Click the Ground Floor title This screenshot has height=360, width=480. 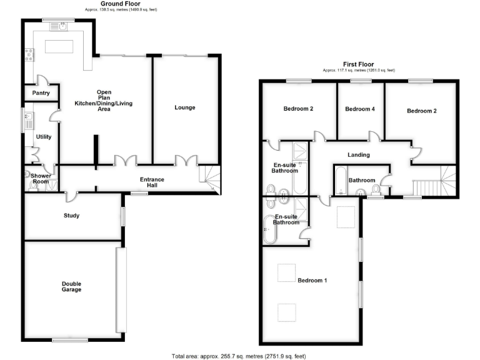coord(121,4)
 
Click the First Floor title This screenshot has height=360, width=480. coord(358,64)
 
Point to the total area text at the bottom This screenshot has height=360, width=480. coord(239,356)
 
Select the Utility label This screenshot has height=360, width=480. coord(44,137)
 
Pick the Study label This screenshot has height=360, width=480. coord(71,216)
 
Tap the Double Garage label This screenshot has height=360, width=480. coord(71,287)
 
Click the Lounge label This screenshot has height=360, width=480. coord(185,107)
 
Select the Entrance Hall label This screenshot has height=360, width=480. coord(152,182)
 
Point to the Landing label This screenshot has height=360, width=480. coord(358,155)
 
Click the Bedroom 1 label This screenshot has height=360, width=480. coord(312,281)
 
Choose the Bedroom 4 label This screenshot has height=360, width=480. coord(360,109)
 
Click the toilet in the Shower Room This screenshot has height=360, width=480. coord(29,176)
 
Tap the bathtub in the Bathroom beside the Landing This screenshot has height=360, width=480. coord(340,181)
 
